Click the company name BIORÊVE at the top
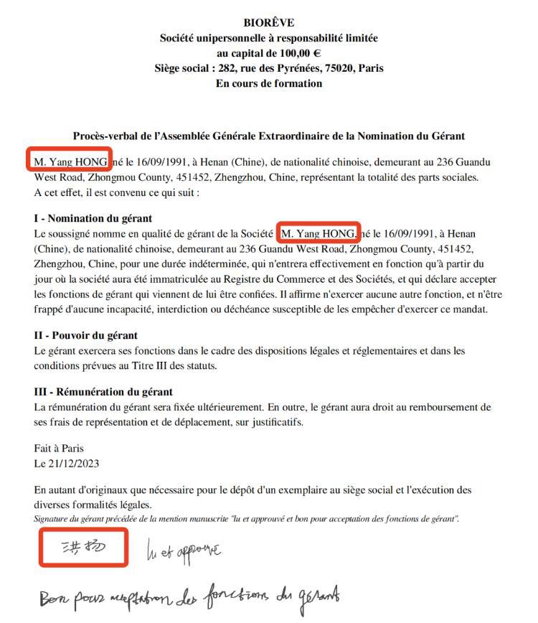point(268,23)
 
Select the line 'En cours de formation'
point(268,83)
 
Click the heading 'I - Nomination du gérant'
point(93,218)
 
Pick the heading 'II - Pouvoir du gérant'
point(85,335)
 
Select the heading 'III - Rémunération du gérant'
point(103,392)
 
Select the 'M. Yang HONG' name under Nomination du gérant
point(318,234)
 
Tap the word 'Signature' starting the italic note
point(52,518)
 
